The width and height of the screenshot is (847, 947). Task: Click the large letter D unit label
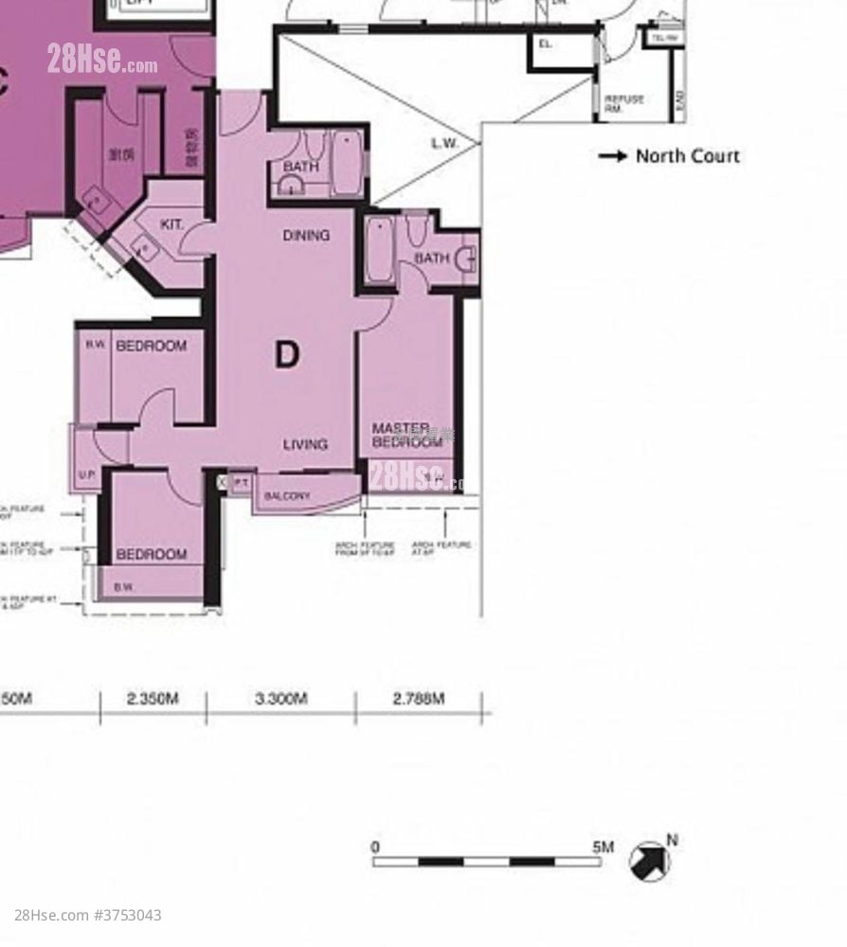tap(286, 355)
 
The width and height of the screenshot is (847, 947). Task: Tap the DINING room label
tap(306, 235)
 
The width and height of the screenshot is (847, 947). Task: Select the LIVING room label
tap(305, 443)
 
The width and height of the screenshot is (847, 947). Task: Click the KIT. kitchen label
tap(171, 224)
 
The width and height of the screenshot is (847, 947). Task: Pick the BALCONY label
tap(286, 496)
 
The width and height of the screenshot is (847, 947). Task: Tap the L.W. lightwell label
tap(444, 144)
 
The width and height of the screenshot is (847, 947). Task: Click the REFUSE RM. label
tap(624, 102)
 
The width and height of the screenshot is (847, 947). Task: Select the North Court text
tap(687, 156)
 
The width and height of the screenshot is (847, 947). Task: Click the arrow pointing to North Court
tap(612, 156)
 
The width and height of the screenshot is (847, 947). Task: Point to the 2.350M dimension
tap(153, 699)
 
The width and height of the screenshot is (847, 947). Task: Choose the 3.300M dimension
tap(280, 699)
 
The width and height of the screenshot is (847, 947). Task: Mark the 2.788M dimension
tap(418, 699)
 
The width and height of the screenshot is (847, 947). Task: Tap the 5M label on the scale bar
tap(603, 847)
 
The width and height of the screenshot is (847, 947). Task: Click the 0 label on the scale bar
tap(376, 847)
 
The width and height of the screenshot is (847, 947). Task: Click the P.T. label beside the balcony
tap(241, 483)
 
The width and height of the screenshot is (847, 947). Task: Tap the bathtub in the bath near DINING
tap(347, 163)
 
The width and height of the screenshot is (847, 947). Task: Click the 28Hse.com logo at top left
tap(102, 61)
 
